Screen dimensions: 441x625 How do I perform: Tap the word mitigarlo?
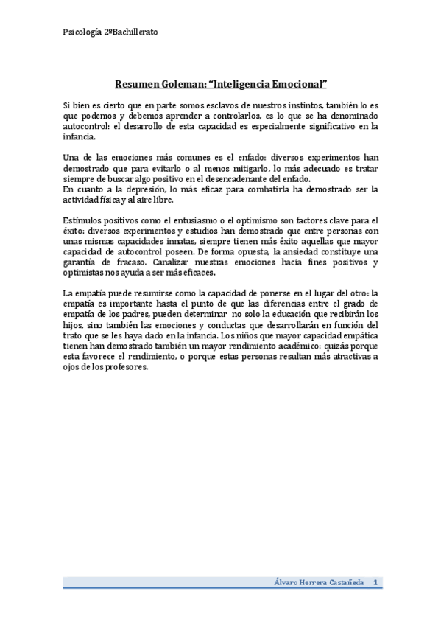click(241, 169)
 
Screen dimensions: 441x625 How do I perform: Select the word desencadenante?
click(237, 179)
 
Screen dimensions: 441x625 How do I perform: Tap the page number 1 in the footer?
click(375, 582)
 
